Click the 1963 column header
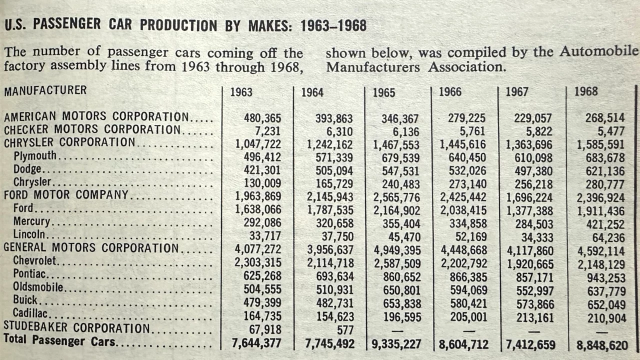pyautogui.click(x=241, y=92)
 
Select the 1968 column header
pyautogui.click(x=586, y=91)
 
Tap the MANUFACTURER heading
pyautogui.click(x=45, y=90)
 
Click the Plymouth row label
pyautogui.click(x=35, y=156)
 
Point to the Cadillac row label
pyautogui.click(x=30, y=313)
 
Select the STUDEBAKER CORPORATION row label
pyautogui.click(x=76, y=327)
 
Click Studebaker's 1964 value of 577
pyautogui.click(x=345, y=330)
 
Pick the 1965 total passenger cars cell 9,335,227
pyautogui.click(x=396, y=344)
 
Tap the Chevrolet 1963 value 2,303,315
pyautogui.click(x=257, y=262)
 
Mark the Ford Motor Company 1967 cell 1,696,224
pyautogui.click(x=529, y=197)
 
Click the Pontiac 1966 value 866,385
pyautogui.click(x=468, y=277)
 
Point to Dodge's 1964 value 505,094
pyautogui.click(x=334, y=171)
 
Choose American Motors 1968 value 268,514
pyautogui.click(x=605, y=117)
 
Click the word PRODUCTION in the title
pyautogui.click(x=178, y=25)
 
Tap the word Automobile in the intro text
pyautogui.click(x=598, y=51)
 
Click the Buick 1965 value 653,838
pyautogui.click(x=401, y=303)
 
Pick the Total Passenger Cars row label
pyautogui.click(x=59, y=340)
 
